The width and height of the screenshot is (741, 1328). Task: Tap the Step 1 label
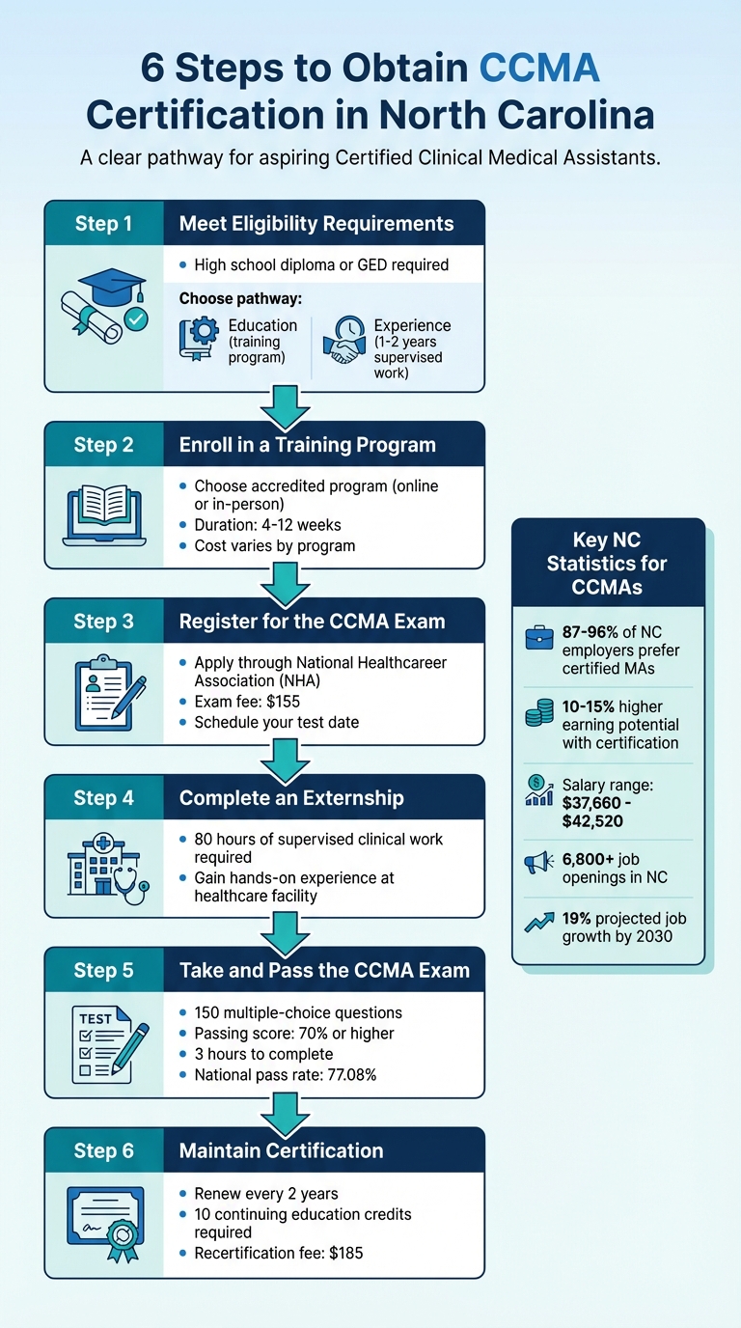103,224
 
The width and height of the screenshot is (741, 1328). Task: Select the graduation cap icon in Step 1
112,289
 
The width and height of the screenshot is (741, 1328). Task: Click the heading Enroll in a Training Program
307,445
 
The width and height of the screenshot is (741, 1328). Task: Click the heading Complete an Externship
291,798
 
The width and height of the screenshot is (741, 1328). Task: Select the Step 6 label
103,1150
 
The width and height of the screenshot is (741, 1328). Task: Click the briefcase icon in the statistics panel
537,639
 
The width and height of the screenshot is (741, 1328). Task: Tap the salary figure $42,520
592,821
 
